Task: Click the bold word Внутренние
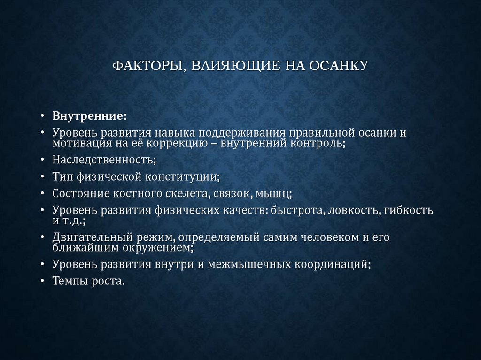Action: [x=89, y=115]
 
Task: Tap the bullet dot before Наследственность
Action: [x=43, y=160]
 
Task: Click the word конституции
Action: [x=183, y=176]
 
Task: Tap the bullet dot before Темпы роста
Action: [x=43, y=281]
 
